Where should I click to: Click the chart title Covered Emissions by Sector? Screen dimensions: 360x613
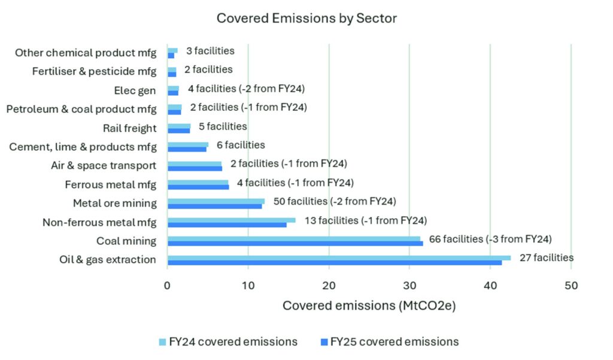click(x=306, y=19)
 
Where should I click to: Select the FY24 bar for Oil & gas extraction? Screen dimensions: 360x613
click(x=339, y=258)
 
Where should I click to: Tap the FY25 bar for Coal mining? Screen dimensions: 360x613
click(x=295, y=243)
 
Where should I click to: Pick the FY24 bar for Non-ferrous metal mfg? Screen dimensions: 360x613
click(x=231, y=220)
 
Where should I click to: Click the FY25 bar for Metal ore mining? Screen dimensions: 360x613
click(x=214, y=206)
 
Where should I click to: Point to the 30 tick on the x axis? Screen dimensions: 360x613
click(x=409, y=285)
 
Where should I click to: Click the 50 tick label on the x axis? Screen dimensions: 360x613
click(x=571, y=285)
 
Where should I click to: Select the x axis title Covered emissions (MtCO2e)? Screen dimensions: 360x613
click(x=369, y=305)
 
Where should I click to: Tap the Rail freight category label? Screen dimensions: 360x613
click(x=129, y=128)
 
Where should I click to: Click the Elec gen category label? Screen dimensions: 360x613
click(x=135, y=91)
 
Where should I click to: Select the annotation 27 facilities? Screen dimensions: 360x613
click(x=545, y=258)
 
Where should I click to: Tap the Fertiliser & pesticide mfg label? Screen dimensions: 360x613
click(x=94, y=72)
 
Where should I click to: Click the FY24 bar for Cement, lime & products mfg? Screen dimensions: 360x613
click(x=188, y=144)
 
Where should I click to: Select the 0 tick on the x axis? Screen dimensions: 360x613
click(x=168, y=285)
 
